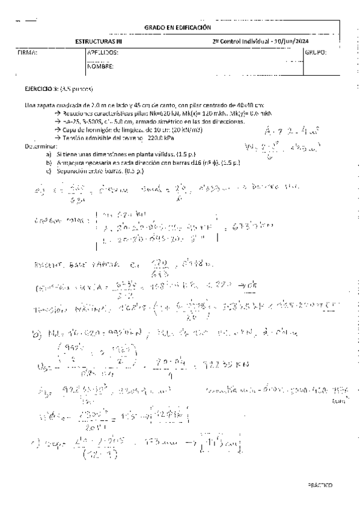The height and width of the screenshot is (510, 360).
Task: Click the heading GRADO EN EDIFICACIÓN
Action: click(178, 28)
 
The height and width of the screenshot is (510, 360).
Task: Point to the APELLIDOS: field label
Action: click(103, 53)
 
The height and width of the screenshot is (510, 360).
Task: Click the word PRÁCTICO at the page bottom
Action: click(319, 484)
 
